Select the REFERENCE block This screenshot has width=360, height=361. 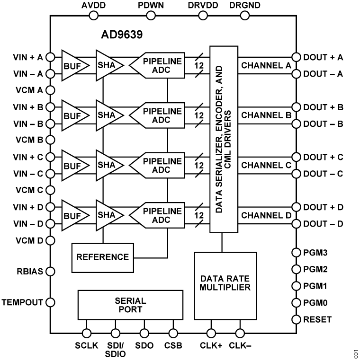[103, 257]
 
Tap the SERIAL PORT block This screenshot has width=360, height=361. [130, 305]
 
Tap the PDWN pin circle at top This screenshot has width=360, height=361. [151, 15]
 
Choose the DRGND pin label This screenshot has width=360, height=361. [244, 5]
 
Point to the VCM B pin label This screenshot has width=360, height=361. [29, 140]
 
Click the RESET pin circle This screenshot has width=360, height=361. [297, 319]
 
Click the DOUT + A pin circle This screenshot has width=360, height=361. [297, 57]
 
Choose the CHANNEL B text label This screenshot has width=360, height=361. [266, 115]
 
